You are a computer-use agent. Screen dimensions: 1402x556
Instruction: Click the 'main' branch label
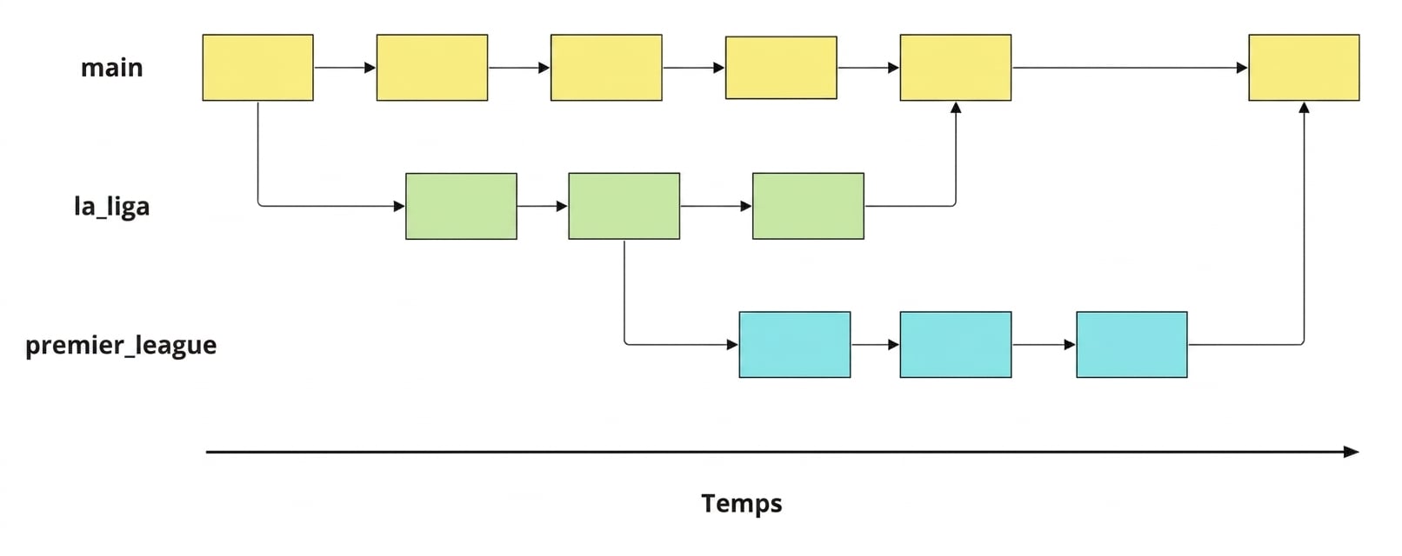pyautogui.click(x=112, y=68)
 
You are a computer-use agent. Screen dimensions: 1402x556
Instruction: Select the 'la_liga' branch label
pyautogui.click(x=112, y=207)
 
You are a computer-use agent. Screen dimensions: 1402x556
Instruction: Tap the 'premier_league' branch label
pyautogui.click(x=121, y=345)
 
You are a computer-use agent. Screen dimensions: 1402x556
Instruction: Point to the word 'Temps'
pyautogui.click(x=742, y=504)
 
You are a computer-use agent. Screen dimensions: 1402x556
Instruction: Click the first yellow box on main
pyautogui.click(x=257, y=68)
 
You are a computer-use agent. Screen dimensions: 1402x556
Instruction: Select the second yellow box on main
pyautogui.click(x=432, y=68)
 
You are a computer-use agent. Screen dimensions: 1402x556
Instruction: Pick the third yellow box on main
pyautogui.click(x=606, y=68)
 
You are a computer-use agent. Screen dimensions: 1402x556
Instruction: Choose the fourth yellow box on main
pyautogui.click(x=781, y=68)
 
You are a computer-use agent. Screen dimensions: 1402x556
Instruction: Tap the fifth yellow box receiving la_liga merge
pyautogui.click(x=956, y=68)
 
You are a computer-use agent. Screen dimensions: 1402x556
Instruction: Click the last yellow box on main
pyautogui.click(x=1305, y=68)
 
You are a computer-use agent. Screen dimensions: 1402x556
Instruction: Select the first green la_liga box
pyautogui.click(x=461, y=207)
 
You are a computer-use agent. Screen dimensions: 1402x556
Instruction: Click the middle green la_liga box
pyautogui.click(x=624, y=207)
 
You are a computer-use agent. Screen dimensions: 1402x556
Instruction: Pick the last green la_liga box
pyautogui.click(x=808, y=207)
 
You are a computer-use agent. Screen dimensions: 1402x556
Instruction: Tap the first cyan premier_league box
pyautogui.click(x=795, y=345)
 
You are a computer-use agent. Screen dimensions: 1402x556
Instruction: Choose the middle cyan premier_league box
pyautogui.click(x=956, y=345)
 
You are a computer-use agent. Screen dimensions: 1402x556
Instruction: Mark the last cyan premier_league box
pyautogui.click(x=1132, y=345)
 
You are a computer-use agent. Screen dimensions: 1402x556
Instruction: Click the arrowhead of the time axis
pyautogui.click(x=1352, y=452)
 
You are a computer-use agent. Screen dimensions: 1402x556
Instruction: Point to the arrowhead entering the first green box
pyautogui.click(x=399, y=207)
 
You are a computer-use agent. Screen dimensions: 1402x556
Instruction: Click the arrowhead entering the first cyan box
pyautogui.click(x=732, y=345)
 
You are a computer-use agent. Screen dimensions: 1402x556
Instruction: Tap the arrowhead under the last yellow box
pyautogui.click(x=1305, y=108)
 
